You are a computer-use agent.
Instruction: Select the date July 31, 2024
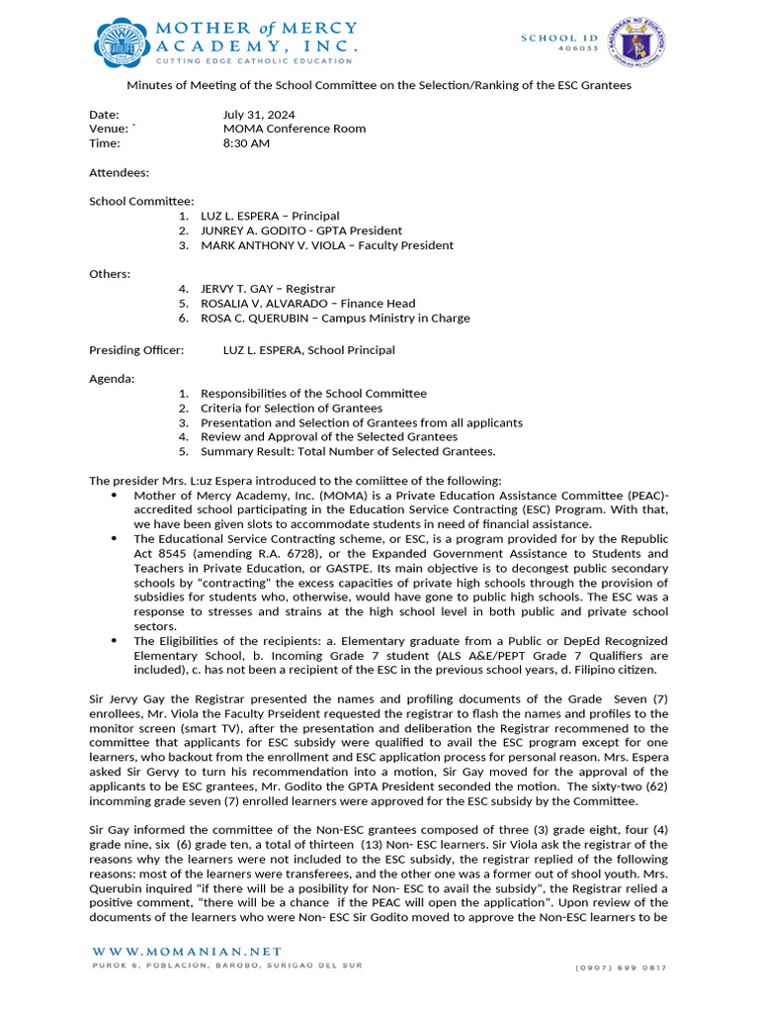(259, 115)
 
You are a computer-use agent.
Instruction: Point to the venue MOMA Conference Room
(295, 129)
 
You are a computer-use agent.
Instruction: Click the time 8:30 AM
(246, 143)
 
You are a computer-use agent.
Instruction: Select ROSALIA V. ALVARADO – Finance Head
(307, 304)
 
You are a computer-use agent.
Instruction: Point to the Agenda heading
(113, 379)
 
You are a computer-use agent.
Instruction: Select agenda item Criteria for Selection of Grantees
(292, 408)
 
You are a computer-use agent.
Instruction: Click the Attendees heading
(119, 172)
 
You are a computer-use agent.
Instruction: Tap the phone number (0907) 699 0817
(621, 967)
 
